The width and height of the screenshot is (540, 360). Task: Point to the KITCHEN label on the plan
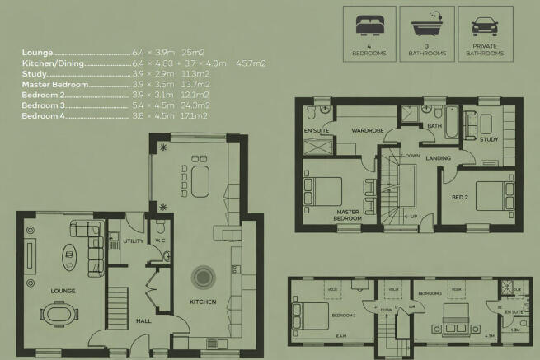pyautogui.click(x=203, y=302)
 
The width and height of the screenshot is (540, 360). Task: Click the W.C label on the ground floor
pyautogui.click(x=162, y=241)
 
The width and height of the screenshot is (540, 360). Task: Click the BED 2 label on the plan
pyautogui.click(x=459, y=199)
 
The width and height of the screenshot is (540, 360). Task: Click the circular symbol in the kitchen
pyautogui.click(x=201, y=276)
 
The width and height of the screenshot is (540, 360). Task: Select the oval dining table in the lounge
pyautogui.click(x=59, y=315)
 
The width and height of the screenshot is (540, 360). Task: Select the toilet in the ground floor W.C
pyautogui.click(x=161, y=226)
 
